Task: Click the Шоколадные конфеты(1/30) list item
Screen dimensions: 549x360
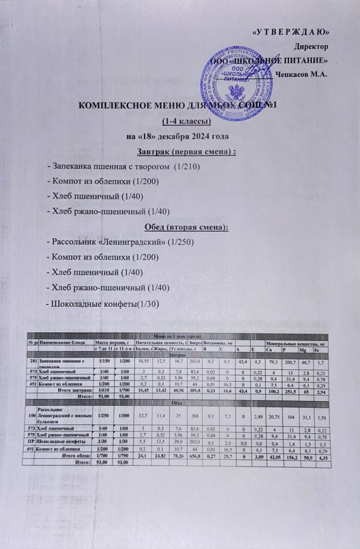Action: (102, 304)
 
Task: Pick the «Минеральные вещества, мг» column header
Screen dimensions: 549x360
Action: (293, 342)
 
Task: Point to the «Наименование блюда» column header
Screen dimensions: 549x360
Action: (60, 342)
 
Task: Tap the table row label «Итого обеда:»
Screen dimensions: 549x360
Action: (76, 455)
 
